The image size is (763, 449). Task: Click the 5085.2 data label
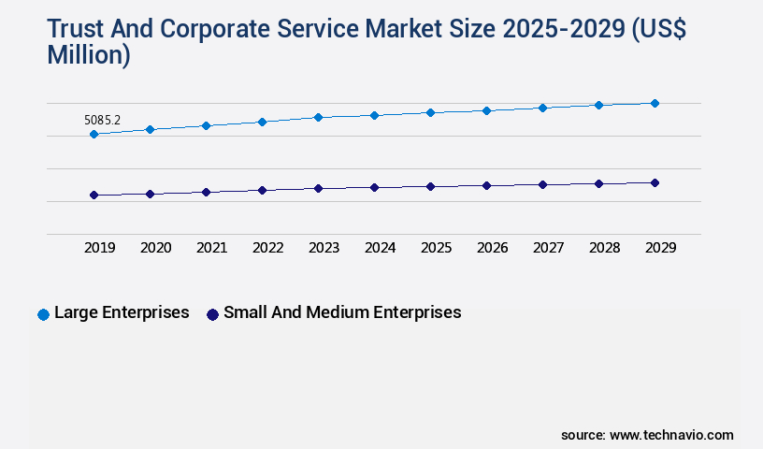click(103, 120)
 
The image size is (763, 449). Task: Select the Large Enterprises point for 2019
click(94, 134)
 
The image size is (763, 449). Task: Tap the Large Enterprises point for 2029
click(655, 103)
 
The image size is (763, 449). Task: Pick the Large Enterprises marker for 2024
click(374, 115)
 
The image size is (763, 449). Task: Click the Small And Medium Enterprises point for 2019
click(94, 195)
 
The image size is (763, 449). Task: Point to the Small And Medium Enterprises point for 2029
click(655, 182)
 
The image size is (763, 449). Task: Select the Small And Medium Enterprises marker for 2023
click(318, 188)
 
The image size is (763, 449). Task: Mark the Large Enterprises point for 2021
click(206, 125)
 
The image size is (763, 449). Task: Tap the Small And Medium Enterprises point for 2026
click(486, 185)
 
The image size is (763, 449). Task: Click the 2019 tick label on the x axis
click(100, 248)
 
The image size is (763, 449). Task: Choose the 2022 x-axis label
click(268, 248)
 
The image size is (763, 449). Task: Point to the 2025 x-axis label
click(437, 248)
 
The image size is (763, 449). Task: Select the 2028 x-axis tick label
click(605, 248)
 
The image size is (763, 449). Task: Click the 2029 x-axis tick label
click(661, 248)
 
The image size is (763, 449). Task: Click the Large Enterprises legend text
click(122, 312)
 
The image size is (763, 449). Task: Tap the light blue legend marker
click(43, 314)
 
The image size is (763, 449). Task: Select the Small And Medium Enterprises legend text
click(342, 312)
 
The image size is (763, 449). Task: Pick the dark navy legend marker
click(212, 314)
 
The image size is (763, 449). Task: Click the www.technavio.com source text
click(671, 435)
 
